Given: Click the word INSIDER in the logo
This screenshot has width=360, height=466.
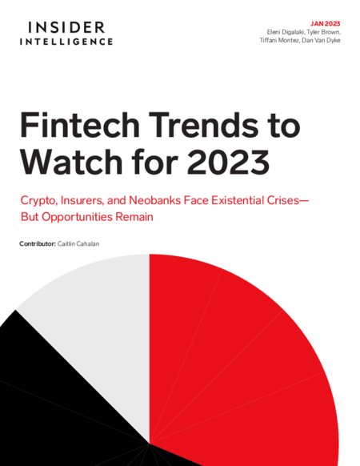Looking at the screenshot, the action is click(66, 27).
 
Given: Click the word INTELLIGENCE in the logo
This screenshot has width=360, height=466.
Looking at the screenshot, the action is click(66, 42).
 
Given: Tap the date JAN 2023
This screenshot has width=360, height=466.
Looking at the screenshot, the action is click(326, 24).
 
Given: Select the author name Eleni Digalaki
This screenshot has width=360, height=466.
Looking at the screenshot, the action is click(285, 32).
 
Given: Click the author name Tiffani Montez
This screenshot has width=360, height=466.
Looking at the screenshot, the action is click(279, 40).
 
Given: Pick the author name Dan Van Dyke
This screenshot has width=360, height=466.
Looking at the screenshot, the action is click(321, 40).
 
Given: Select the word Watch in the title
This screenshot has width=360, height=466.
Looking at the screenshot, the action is click(71, 162).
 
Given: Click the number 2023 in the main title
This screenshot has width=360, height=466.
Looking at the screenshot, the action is click(228, 162).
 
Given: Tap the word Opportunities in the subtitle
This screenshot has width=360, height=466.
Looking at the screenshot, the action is click(78, 217).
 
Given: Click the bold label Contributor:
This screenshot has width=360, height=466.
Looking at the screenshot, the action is click(38, 244).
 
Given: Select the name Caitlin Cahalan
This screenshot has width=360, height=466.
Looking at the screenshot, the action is click(78, 244).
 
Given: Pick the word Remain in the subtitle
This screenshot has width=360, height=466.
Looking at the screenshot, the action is click(134, 217).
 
